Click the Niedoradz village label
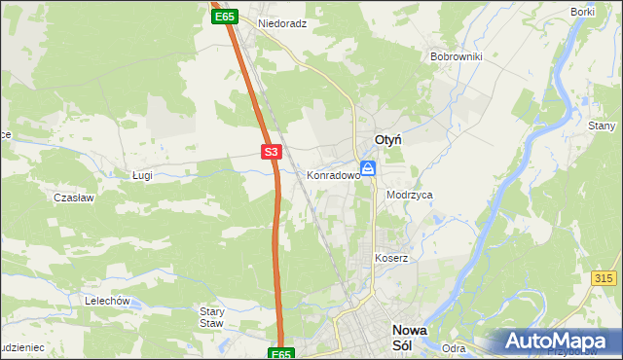point(282,22)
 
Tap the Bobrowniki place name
point(457,56)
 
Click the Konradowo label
point(334,176)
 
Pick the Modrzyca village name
point(409,195)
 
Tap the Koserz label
point(391,259)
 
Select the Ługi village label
point(143,175)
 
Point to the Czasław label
point(73,197)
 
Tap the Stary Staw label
point(211,317)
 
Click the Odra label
point(454,348)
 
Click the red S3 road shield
point(272,152)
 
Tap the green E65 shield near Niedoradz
point(225,17)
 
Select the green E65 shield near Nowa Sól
point(281,354)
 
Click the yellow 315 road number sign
point(604,278)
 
